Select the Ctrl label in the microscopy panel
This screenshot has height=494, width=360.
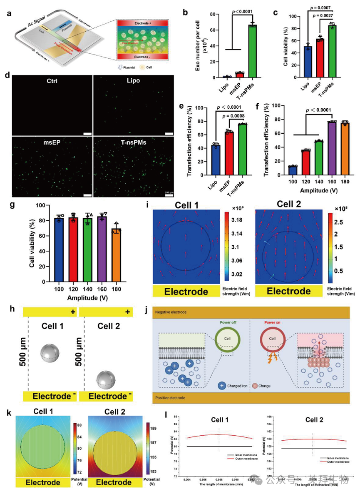coord(46,85)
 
